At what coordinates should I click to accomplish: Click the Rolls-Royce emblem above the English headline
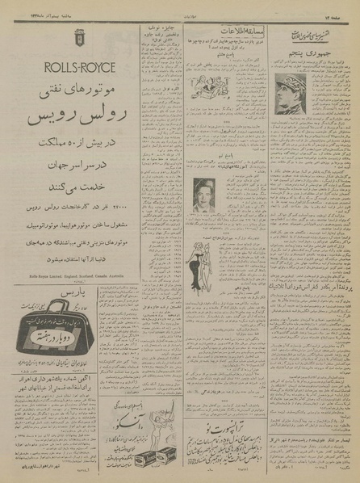[x=78, y=37]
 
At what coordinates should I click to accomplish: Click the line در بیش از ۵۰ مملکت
[x=78, y=149]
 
